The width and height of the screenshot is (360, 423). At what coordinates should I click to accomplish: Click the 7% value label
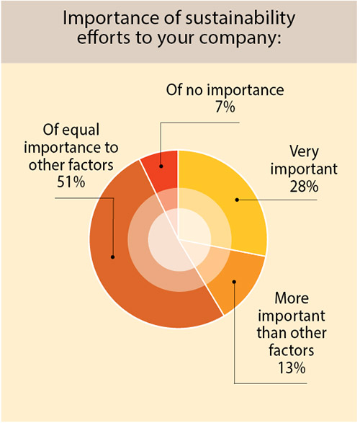(x=224, y=109)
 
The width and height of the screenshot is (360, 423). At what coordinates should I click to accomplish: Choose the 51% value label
(x=72, y=182)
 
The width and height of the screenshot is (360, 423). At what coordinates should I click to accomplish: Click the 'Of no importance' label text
(x=223, y=92)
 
